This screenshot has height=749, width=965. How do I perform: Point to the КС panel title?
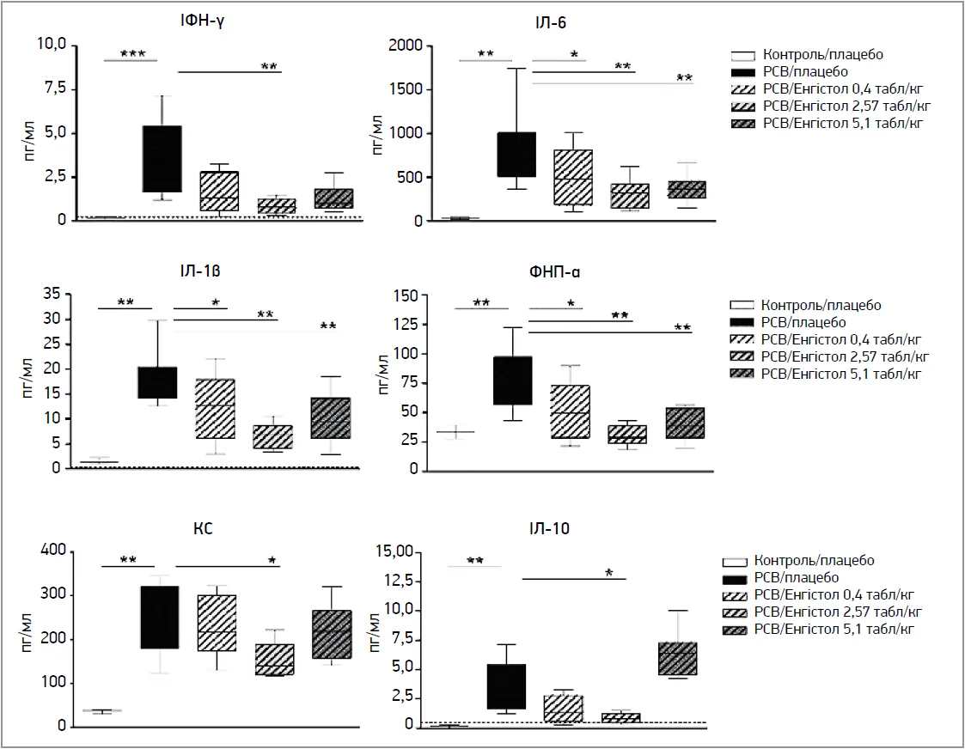coord(204,529)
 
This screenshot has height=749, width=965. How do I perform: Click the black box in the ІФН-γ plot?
coord(162,159)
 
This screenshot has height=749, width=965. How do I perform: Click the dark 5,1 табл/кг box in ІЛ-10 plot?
coord(677,659)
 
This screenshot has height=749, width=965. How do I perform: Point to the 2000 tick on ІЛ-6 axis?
coord(408,45)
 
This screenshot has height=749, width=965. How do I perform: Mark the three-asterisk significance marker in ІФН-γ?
coord(131,54)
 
